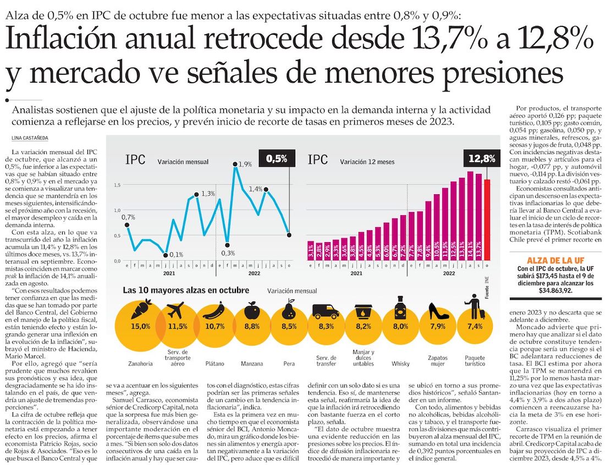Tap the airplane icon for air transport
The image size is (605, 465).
pyautogui.click(x=177, y=310)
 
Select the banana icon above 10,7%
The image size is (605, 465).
pyautogui.click(x=214, y=311)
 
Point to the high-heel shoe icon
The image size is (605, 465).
pyautogui.click(x=438, y=312)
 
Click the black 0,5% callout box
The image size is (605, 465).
pyautogui.click(x=276, y=158)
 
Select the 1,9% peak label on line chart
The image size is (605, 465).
pyautogui.click(x=245, y=164)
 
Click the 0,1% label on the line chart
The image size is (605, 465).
pyautogui.click(x=177, y=254)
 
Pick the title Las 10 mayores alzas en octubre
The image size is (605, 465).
pyautogui.click(x=186, y=289)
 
